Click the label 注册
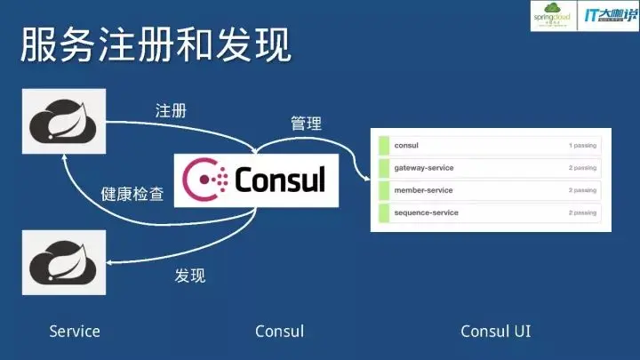click(x=171, y=111)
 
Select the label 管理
click(x=306, y=124)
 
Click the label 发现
click(x=189, y=276)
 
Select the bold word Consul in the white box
click(x=280, y=180)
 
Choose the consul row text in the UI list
click(x=405, y=145)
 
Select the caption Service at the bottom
click(x=75, y=332)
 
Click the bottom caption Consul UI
click(x=496, y=332)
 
